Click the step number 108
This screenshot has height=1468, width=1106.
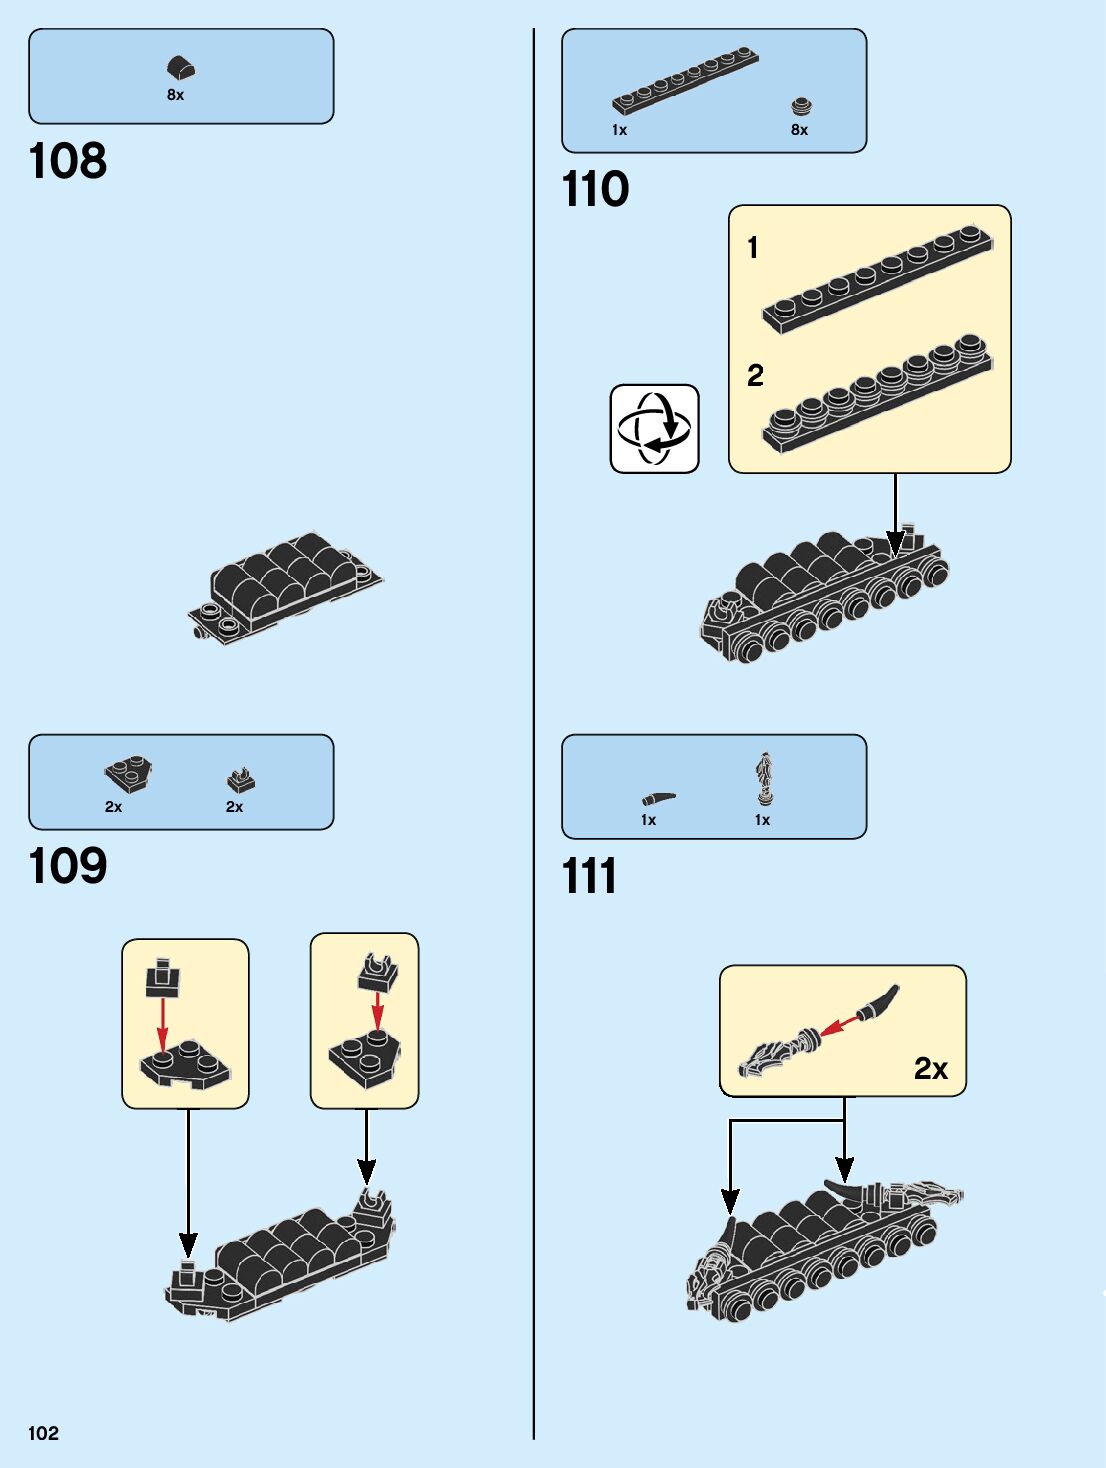(68, 161)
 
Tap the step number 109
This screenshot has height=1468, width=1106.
(68, 866)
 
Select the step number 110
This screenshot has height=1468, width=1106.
(596, 189)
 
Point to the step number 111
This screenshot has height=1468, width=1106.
(590, 876)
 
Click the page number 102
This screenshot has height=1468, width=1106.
(44, 1433)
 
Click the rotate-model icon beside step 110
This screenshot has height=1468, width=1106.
(654, 429)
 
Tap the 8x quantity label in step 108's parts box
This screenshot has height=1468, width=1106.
(176, 95)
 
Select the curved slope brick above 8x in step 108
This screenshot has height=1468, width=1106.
(181, 68)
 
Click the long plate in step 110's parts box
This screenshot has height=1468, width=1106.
(686, 80)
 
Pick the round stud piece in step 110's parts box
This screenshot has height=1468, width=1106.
(800, 106)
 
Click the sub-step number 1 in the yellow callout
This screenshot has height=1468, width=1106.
(753, 247)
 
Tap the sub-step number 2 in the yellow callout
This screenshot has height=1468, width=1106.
(755, 375)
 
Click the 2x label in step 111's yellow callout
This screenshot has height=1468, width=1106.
(930, 1069)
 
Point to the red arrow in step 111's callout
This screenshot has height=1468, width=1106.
(840, 1024)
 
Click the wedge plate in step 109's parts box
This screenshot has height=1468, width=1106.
(128, 774)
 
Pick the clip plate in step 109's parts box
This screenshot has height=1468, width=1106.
(240, 779)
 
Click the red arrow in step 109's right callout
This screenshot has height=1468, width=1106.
(377, 1011)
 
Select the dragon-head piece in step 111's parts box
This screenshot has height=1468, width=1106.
(765, 779)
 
